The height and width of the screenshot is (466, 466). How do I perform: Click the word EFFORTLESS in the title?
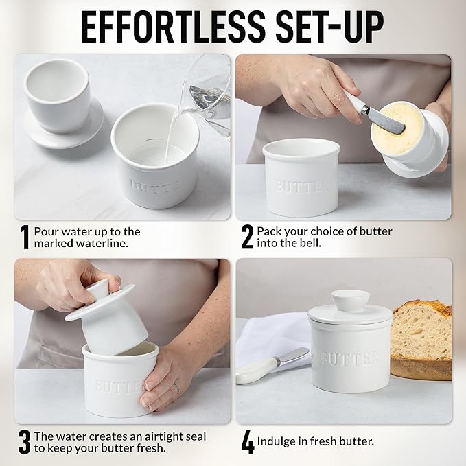(x=162, y=25)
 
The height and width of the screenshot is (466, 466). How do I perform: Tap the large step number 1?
(x=24, y=237)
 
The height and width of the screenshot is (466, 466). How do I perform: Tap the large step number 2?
(x=247, y=237)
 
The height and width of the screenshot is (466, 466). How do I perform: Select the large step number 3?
(x=24, y=442)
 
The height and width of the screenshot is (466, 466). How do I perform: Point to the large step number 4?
(x=247, y=442)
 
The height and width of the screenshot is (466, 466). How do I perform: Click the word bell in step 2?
(x=311, y=244)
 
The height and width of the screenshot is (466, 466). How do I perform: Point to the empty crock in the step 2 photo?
(x=302, y=178)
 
